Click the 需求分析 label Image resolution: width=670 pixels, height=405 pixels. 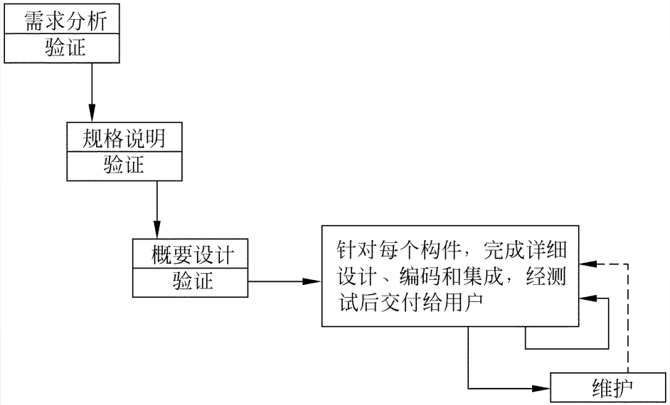(65, 20)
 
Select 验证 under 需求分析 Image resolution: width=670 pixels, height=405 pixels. (65, 47)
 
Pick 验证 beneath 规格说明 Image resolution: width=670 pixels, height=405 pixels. (124, 165)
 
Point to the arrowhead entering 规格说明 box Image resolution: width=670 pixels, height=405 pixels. (92, 113)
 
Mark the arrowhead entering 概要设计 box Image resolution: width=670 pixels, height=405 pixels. (156, 229)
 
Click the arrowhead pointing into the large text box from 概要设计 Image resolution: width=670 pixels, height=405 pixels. (312, 281)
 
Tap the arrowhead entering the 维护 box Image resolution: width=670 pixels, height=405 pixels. (541, 389)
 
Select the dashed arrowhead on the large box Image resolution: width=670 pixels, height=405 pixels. (588, 264)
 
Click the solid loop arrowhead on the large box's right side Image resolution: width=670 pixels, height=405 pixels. (588, 298)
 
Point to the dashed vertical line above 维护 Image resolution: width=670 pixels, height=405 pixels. (628, 318)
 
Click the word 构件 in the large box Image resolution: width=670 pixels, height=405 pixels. (441, 250)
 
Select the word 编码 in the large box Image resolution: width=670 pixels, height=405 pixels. (420, 277)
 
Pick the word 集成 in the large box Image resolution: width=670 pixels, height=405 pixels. (483, 277)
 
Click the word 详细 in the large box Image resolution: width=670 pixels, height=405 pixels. (546, 250)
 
